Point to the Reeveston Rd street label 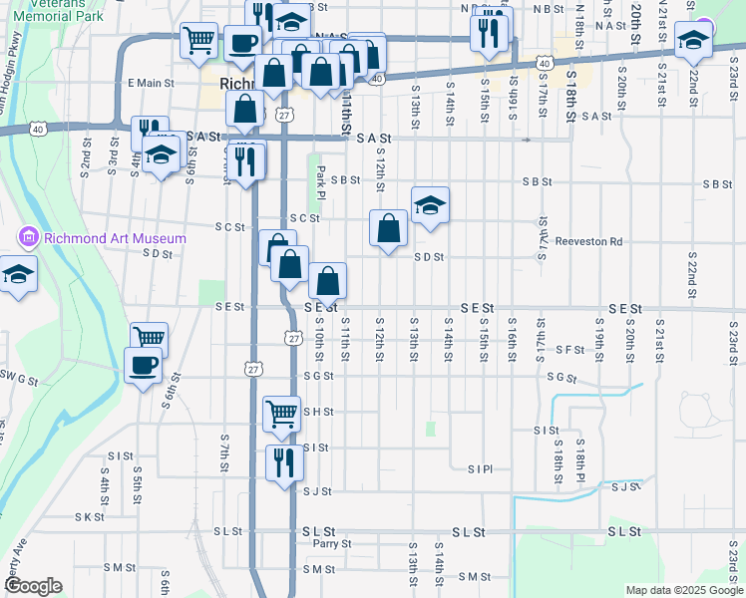[588, 241]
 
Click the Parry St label [332, 544]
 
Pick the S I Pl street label [481, 468]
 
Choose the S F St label [570, 350]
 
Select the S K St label [89, 517]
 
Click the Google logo [32, 585]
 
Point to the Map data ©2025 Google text [683, 590]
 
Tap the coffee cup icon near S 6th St [143, 365]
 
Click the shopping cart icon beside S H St [281, 412]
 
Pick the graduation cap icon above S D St [430, 206]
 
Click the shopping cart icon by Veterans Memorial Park [199, 40]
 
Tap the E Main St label [151, 84]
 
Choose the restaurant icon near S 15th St [490, 32]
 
